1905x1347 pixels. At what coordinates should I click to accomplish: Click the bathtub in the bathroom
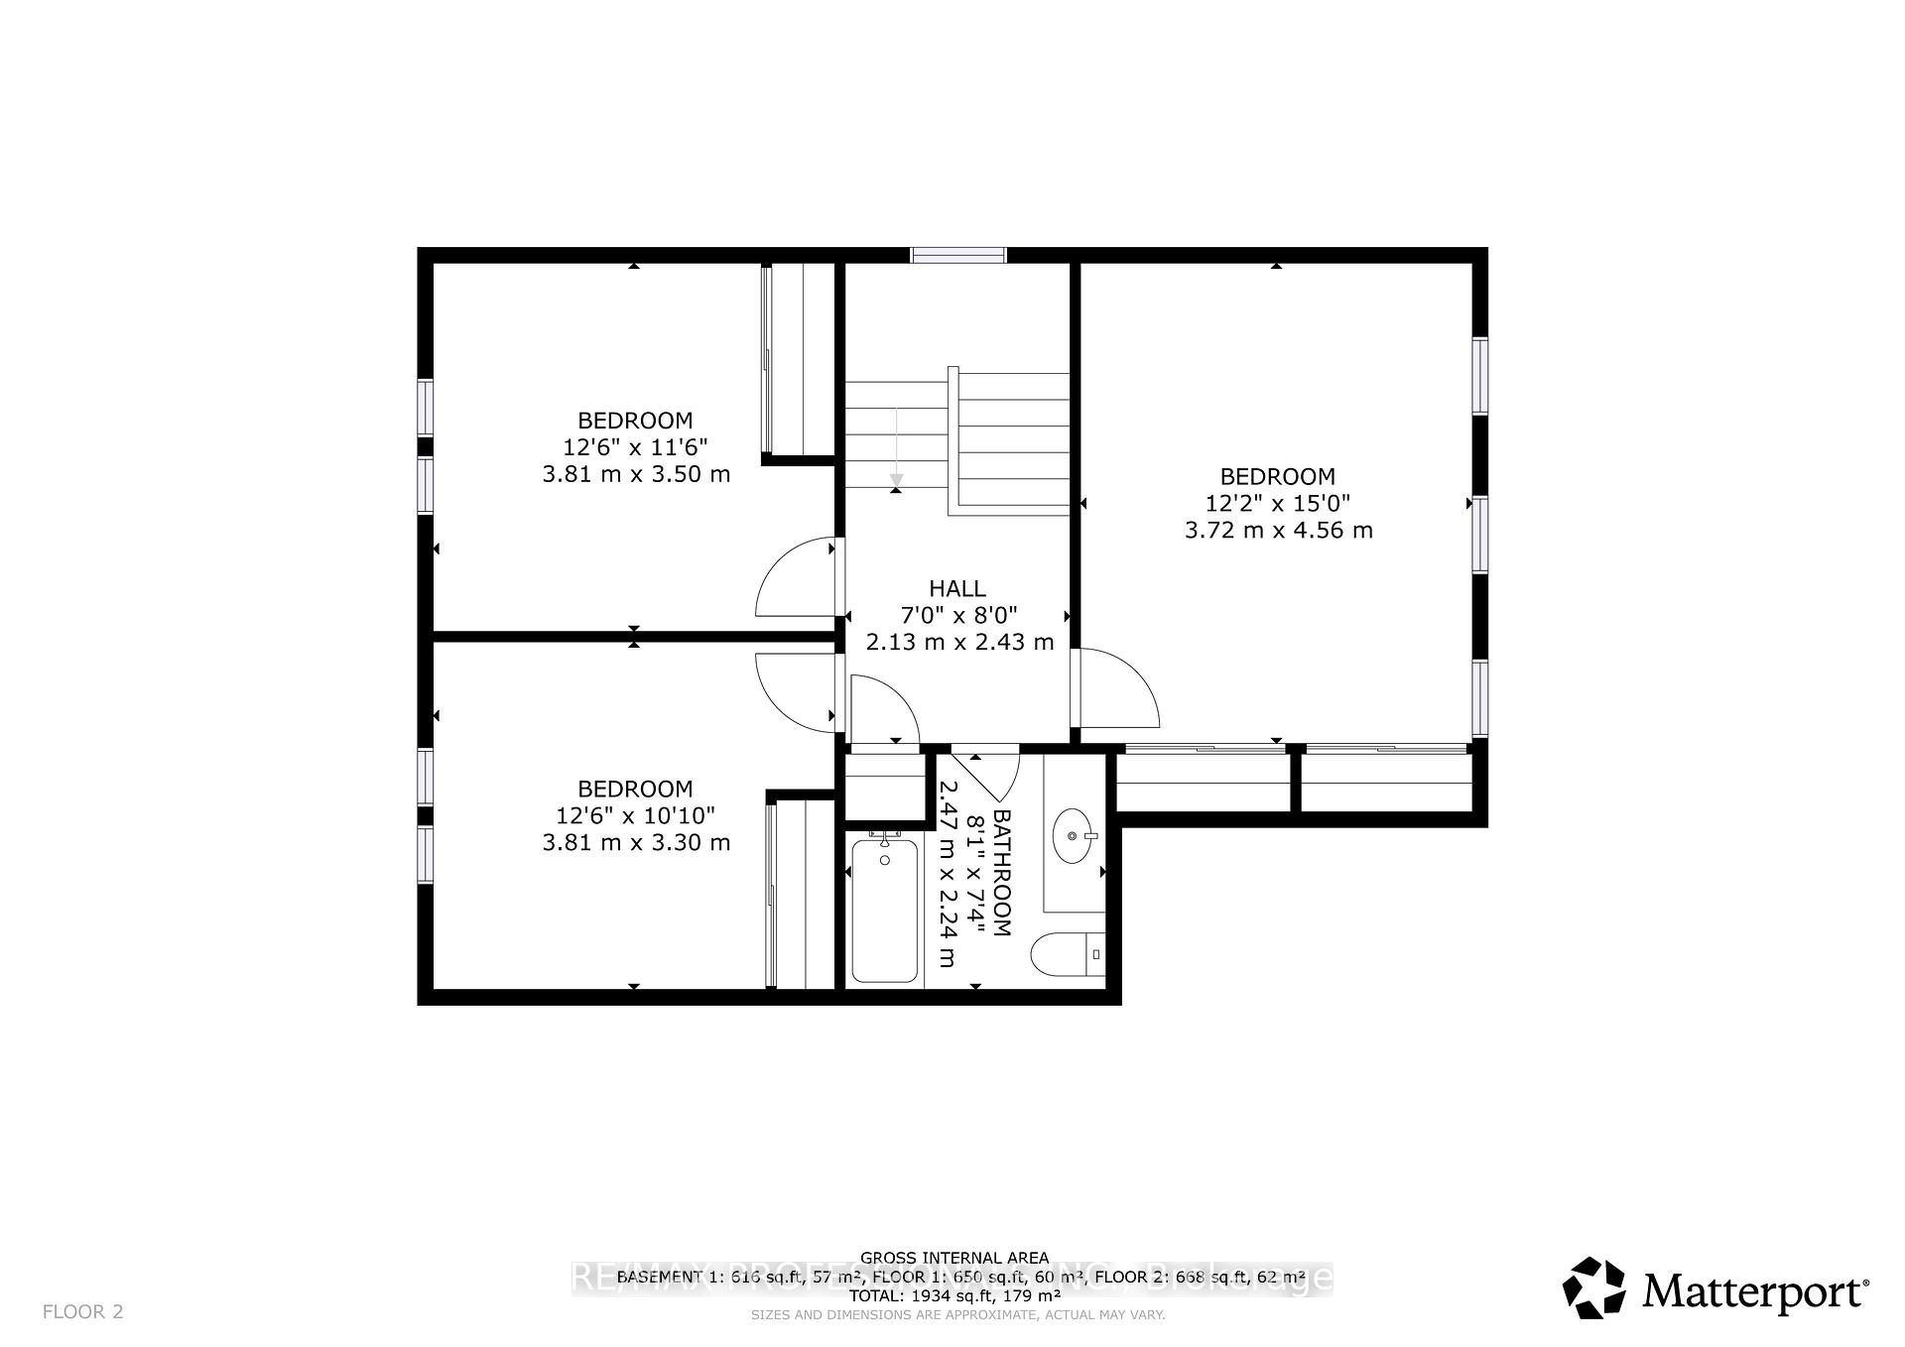884,911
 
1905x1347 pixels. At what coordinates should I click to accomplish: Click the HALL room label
957,588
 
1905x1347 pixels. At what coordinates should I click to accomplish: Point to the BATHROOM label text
1001,873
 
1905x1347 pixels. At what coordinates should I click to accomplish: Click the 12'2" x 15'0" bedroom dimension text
1278,503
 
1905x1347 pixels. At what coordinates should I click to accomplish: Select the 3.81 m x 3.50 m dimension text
636,474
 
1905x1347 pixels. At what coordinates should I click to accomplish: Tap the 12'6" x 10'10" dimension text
636,815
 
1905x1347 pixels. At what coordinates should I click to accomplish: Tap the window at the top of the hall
958,255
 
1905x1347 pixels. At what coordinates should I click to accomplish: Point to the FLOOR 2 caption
83,1311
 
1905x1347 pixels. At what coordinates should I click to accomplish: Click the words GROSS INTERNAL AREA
953,1258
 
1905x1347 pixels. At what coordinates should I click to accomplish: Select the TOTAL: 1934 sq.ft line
953,1295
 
